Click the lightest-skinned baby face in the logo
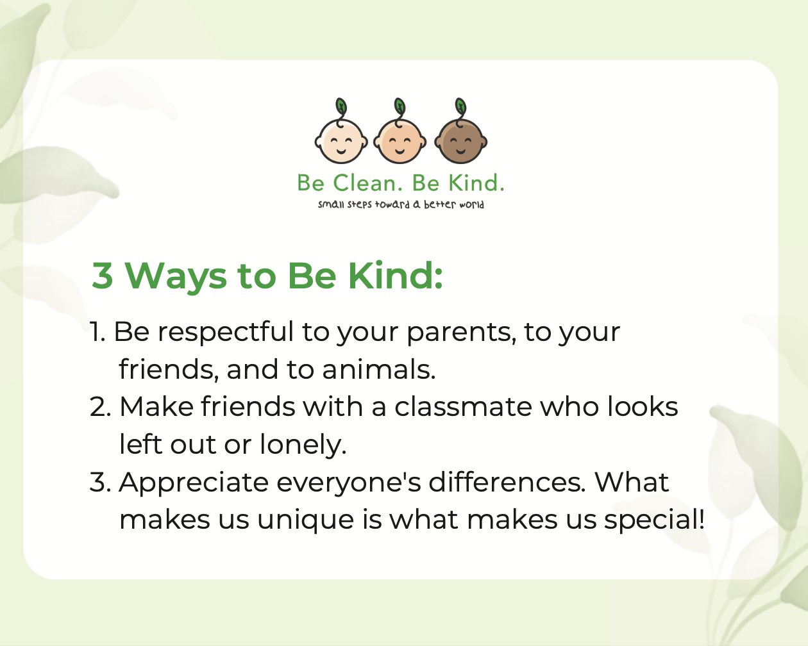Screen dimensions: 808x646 [x=341, y=142]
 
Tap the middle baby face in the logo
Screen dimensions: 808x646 [x=400, y=142]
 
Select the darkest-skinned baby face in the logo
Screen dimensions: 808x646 [x=460, y=142]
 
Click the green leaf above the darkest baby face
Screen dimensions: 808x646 [x=460, y=106]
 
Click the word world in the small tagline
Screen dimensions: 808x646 [x=471, y=204]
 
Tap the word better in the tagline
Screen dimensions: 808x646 [x=440, y=204]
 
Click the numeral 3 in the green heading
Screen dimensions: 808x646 [x=103, y=276]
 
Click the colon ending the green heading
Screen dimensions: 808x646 [x=439, y=280]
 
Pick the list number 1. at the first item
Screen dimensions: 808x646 [x=97, y=332]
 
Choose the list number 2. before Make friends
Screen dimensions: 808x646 [x=101, y=406]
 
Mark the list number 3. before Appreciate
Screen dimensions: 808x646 [x=101, y=482]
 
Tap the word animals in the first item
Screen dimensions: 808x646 [x=378, y=369]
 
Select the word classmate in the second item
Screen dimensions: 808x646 [x=464, y=407]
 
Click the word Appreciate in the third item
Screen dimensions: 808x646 [x=194, y=483]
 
